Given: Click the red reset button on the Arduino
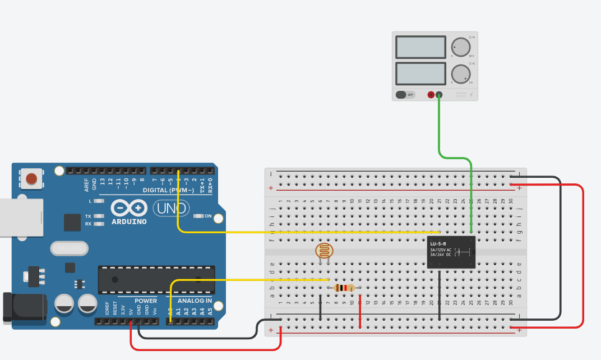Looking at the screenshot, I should tap(31, 179).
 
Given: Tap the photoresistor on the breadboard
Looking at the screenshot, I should tap(323, 251).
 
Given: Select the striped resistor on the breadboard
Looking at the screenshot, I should tap(344, 288).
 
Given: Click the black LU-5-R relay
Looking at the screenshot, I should tap(451, 252).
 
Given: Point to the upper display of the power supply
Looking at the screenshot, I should tap(420, 47).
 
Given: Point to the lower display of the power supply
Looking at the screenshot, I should tap(420, 73).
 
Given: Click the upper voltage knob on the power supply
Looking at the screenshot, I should tap(460, 47).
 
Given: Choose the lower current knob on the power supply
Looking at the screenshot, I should tap(460, 73).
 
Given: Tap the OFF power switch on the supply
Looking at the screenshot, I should tap(405, 95).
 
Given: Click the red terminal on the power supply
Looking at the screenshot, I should tap(431, 95).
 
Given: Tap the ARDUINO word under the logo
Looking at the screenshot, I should tap(129, 221).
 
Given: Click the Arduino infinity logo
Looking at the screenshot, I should tap(129, 208).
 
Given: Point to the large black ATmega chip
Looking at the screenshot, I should tap(156, 279).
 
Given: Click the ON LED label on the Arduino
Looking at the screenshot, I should tap(208, 216).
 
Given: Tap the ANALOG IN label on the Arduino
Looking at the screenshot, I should tap(195, 301).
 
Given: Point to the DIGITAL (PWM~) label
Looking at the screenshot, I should tap(168, 191).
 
